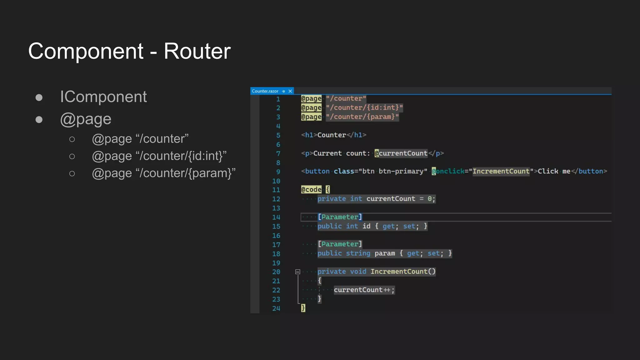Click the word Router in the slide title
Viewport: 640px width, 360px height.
pos(197,51)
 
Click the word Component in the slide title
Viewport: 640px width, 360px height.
pos(86,51)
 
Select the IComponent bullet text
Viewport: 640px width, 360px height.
pos(103,97)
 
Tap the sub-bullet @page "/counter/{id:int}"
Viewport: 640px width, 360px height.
pos(159,156)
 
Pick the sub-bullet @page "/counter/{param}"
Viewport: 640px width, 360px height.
pos(163,173)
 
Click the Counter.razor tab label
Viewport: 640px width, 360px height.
pos(265,91)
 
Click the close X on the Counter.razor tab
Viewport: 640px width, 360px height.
pos(290,91)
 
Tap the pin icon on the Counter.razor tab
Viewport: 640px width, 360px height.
pos(283,91)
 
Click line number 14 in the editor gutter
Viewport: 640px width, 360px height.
pos(276,217)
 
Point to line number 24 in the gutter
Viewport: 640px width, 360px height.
pos(276,308)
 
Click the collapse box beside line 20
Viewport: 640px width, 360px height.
pos(298,272)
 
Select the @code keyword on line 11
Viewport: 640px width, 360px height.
pos(311,190)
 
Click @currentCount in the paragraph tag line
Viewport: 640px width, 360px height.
pos(401,153)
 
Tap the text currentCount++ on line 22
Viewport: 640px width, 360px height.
pos(362,290)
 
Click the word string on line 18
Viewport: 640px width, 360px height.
pos(358,253)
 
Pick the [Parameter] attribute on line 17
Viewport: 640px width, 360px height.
pos(340,244)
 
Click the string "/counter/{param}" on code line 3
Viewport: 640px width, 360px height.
pos(362,117)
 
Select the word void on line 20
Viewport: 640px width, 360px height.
pos(358,272)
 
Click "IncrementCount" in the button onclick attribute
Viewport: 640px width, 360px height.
pos(501,171)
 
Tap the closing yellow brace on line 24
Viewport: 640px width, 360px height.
pos(303,308)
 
